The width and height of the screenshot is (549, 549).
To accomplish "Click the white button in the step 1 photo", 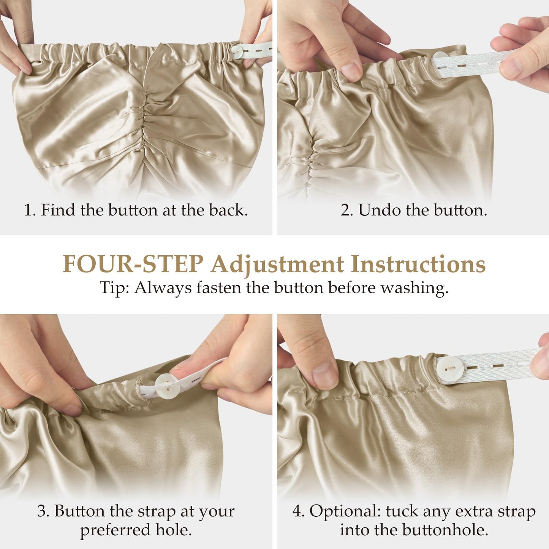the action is (237, 52).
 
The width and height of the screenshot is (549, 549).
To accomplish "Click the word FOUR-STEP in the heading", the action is (133, 264).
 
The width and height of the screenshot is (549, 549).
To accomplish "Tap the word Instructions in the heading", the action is (418, 264).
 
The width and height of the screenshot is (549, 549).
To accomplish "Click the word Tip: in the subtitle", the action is (115, 288).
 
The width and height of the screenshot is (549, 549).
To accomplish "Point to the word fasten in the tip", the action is (219, 288).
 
